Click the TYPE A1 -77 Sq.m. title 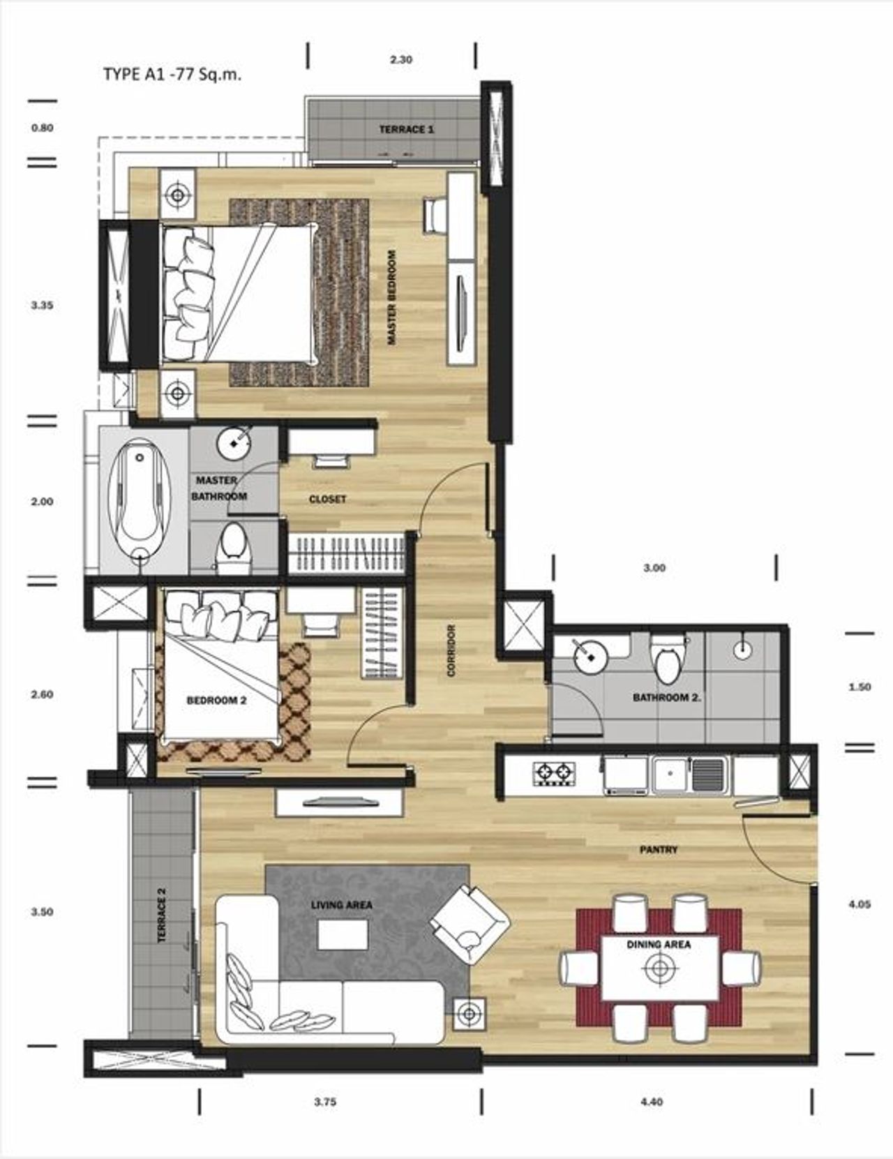click(x=172, y=75)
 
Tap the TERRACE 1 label click(x=406, y=129)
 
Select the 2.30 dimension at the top click(x=401, y=60)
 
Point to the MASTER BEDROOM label click(x=392, y=297)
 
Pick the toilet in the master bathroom click(x=233, y=547)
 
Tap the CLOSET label click(x=327, y=499)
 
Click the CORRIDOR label click(x=451, y=650)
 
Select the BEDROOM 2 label click(x=216, y=701)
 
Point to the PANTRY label click(x=659, y=850)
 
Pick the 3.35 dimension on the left click(x=42, y=306)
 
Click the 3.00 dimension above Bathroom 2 click(x=654, y=568)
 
